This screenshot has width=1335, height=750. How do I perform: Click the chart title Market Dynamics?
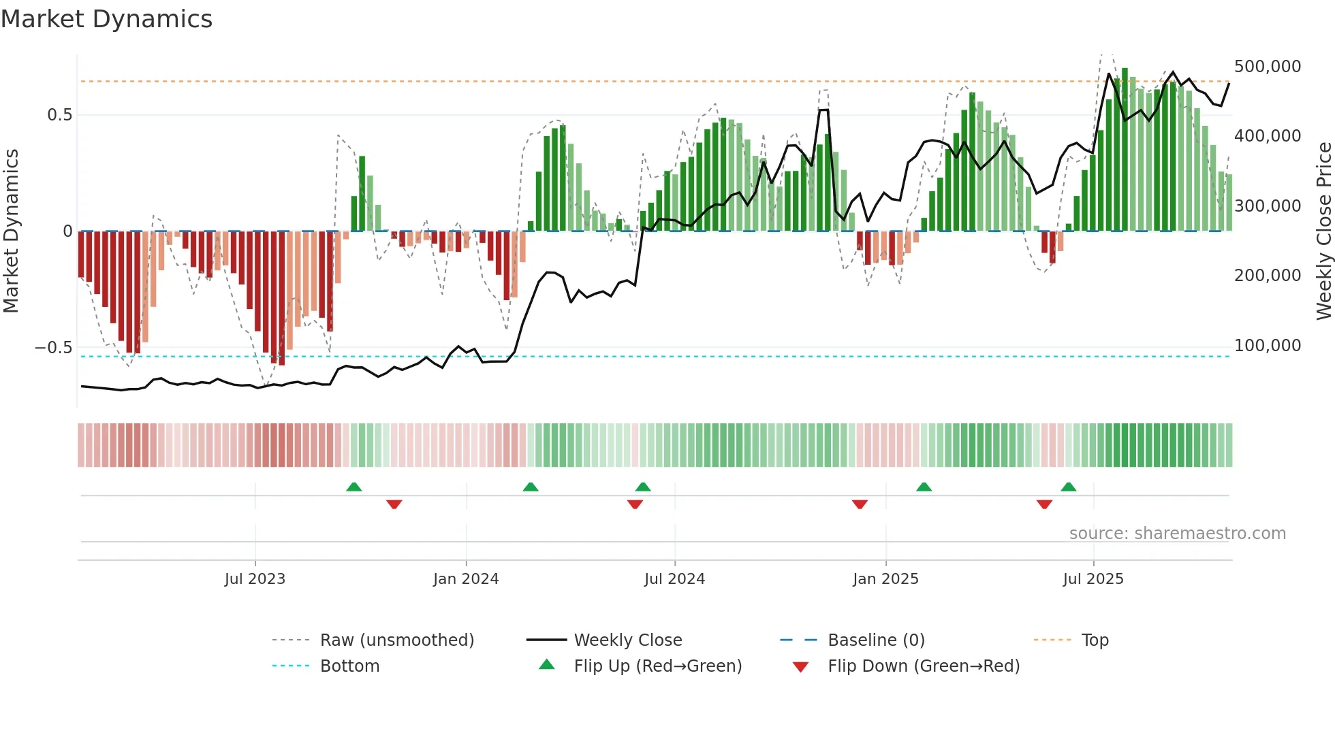[107, 19]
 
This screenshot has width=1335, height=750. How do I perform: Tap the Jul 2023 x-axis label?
[255, 579]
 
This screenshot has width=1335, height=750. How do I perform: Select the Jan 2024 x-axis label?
[466, 579]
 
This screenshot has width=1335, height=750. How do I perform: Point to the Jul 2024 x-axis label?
[674, 579]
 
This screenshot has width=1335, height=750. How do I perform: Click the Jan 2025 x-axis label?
[885, 579]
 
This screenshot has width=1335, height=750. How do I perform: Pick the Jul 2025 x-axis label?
[1093, 579]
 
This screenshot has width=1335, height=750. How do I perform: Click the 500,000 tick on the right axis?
[1268, 67]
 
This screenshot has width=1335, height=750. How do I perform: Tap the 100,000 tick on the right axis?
[1268, 346]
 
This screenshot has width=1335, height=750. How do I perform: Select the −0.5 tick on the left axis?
[53, 348]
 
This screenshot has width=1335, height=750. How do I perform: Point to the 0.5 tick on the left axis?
[60, 115]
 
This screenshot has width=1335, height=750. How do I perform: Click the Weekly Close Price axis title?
[1323, 231]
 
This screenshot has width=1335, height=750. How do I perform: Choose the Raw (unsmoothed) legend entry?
[397, 640]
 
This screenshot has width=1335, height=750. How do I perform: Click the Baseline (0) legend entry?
[876, 640]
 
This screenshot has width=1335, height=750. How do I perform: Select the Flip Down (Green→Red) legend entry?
[923, 666]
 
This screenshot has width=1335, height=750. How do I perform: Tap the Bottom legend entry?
[349, 666]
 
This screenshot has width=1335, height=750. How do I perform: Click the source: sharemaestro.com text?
[1177, 534]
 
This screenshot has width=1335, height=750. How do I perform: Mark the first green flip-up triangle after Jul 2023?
[354, 487]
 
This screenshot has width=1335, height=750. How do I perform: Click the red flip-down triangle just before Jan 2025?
[860, 504]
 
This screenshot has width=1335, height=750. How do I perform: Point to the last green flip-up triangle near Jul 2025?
[1068, 487]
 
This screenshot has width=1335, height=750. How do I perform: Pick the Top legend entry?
[1095, 640]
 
